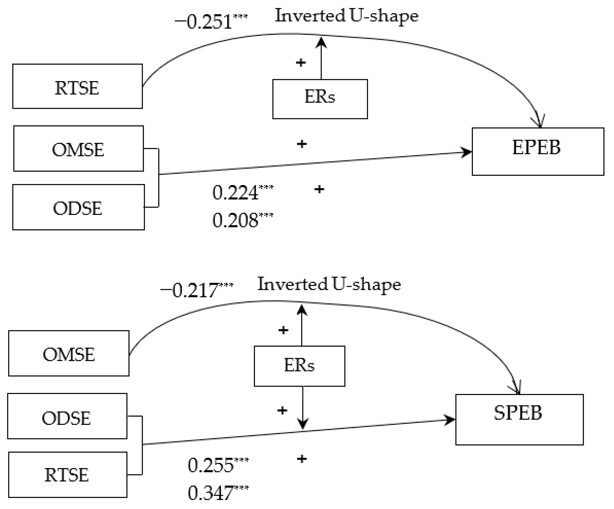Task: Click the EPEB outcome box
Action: [538, 151]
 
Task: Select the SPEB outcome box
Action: [519, 419]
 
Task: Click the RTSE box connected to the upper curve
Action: [77, 86]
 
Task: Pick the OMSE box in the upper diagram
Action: [78, 149]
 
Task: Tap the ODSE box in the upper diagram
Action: [78, 207]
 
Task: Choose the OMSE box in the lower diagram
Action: [69, 353]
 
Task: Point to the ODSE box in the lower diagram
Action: [67, 416]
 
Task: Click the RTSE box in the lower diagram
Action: [68, 475]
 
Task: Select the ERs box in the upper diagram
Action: [320, 99]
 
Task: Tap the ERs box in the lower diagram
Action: [299, 366]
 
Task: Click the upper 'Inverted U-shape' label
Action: [346, 16]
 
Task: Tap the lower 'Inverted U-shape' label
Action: [329, 285]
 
